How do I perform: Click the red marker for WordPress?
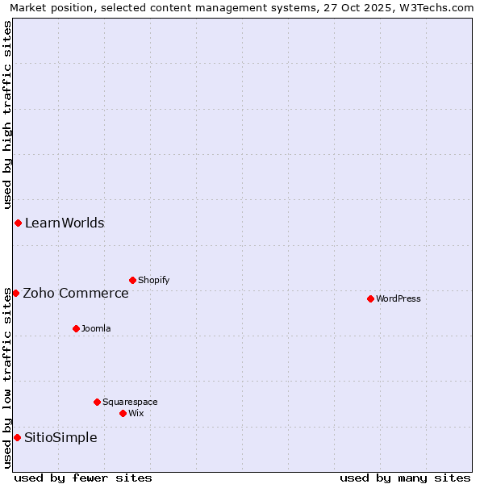[x=370, y=298]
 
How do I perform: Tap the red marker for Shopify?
[x=132, y=280]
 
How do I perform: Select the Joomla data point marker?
[x=76, y=328]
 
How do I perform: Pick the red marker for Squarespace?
[x=97, y=402]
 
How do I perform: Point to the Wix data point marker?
[x=123, y=413]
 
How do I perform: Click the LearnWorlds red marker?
[x=18, y=223]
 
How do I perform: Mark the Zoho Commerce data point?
[x=15, y=293]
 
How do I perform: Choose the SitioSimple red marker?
[x=17, y=437]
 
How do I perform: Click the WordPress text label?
[x=398, y=298]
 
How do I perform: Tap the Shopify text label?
[x=153, y=280]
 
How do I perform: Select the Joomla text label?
[x=96, y=328]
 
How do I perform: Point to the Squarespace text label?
[x=130, y=402]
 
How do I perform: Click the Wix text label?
[x=136, y=413]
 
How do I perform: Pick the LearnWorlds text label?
[x=65, y=223]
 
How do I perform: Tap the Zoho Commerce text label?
[x=76, y=293]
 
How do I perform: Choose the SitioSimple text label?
[x=60, y=437]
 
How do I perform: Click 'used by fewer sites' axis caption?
[x=83, y=478]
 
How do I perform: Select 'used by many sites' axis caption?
[x=405, y=478]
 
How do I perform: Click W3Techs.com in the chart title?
[x=440, y=7]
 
